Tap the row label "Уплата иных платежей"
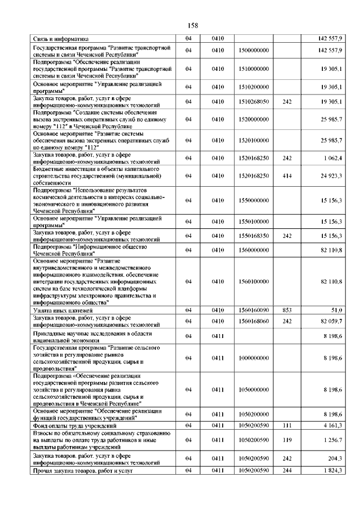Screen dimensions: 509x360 [x=62, y=310]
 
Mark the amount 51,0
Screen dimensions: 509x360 [x=336, y=310]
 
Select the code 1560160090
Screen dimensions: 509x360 [x=254, y=310]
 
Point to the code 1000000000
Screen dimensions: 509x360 [x=254, y=358]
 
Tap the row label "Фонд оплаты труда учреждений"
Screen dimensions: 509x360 [x=74, y=425]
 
